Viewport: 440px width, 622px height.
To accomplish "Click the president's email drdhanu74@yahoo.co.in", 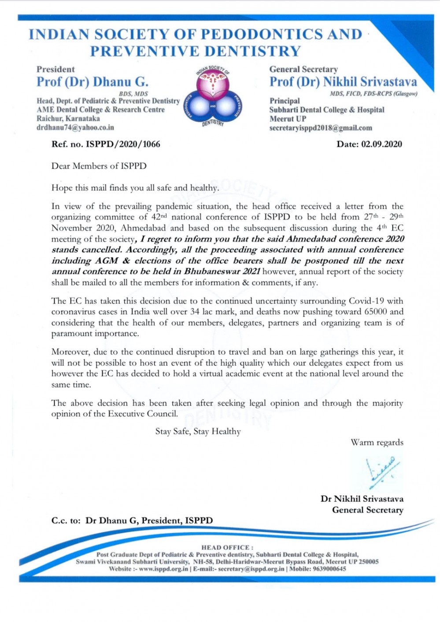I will point(75,128).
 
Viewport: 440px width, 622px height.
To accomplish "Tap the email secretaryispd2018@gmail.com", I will point(321,128).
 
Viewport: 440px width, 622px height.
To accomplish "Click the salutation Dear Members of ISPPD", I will point(99,166).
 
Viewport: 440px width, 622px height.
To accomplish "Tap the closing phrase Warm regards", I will point(377,442).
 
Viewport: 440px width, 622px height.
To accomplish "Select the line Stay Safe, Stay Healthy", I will point(198,431).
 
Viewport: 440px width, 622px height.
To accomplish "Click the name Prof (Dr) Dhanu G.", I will point(92,82).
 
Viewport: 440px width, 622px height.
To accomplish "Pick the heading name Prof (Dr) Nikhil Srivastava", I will point(343,82).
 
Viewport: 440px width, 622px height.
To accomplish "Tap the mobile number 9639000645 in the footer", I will point(329,569).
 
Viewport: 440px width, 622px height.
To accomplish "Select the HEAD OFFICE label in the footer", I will point(227,548).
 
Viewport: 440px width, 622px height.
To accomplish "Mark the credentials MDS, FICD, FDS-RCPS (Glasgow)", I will point(373,94).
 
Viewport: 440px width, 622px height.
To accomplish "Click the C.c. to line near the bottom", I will point(132,521).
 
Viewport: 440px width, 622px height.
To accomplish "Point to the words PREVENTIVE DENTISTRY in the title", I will point(195,52).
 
